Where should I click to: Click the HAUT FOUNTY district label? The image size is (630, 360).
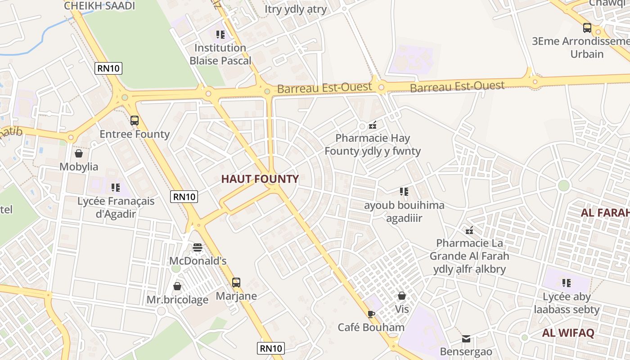(260, 179)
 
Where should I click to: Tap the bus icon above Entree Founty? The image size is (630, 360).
(135, 121)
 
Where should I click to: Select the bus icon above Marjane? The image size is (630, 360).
(236, 283)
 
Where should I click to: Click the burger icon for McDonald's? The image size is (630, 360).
(198, 247)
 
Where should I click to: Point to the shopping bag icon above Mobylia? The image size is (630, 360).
(79, 153)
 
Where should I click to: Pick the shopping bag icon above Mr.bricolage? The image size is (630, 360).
(177, 286)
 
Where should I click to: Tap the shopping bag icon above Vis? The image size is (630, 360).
(402, 296)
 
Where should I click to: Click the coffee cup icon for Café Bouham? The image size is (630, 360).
(371, 314)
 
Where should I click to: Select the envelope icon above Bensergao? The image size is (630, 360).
(466, 338)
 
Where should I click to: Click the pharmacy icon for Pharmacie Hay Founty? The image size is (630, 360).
(373, 125)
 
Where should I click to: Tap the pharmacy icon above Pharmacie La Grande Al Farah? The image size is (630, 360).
(469, 230)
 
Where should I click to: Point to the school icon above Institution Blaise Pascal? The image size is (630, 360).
(220, 34)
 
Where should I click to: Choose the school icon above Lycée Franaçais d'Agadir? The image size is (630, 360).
(116, 187)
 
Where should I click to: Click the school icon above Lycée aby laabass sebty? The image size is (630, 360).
(567, 283)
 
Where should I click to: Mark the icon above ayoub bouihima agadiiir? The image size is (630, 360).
(404, 192)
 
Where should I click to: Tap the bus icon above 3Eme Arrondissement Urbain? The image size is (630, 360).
(587, 28)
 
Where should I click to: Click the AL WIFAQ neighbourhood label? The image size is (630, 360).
(568, 333)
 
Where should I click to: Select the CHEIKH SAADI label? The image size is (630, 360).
(99, 6)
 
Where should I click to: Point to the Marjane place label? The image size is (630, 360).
(236, 296)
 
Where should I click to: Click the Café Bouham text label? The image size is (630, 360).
(371, 327)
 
